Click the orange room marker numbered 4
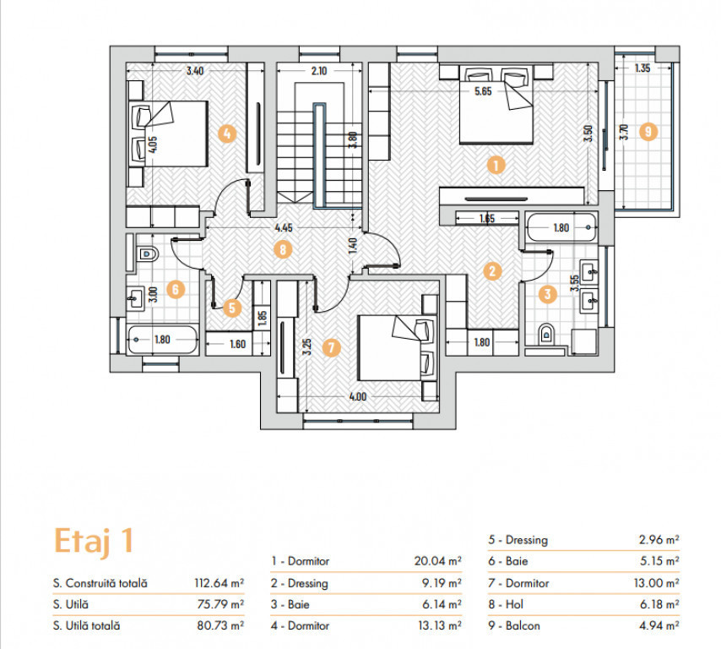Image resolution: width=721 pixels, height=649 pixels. point(227,134)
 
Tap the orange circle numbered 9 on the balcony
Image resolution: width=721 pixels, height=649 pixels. point(648,132)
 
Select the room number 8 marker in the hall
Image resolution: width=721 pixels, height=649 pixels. point(283,249)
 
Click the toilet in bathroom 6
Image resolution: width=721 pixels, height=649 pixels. point(148,254)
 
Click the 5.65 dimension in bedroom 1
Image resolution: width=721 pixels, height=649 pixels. point(483,91)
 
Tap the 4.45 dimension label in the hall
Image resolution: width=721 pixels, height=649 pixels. point(284,227)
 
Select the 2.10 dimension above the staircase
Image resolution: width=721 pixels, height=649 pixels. point(318,71)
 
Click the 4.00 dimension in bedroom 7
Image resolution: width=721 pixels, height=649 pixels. point(358,396)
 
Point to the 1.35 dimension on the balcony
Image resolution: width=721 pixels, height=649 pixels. point(642,68)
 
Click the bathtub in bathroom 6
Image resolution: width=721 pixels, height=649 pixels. point(162,340)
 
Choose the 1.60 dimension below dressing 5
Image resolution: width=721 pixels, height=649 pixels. point(238,344)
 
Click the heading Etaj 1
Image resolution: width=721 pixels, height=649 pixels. point(94,541)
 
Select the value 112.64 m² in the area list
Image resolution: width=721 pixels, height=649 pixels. point(219,583)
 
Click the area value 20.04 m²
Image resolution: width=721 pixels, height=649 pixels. point(437,560)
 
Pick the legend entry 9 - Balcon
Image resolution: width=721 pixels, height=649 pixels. point(514,625)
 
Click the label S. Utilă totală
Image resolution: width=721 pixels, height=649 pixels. point(86,625)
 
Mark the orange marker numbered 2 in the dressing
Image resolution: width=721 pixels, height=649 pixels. point(492,270)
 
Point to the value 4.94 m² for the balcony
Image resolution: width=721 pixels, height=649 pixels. point(659,625)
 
